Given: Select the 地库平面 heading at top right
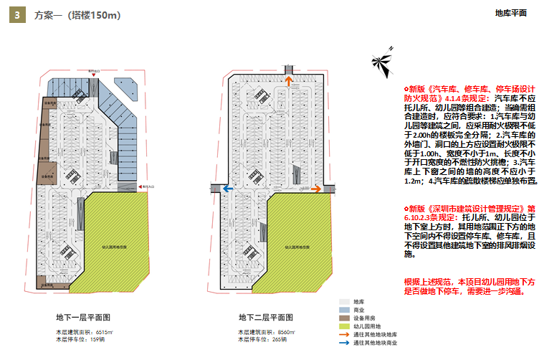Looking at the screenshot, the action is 511,13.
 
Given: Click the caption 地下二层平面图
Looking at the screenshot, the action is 266,317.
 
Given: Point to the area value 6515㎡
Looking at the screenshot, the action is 104,332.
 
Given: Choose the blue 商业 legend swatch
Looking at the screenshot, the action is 345,311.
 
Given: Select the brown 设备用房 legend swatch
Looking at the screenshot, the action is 345,318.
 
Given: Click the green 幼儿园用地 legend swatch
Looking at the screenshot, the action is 345,326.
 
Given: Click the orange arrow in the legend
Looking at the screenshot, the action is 345,335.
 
